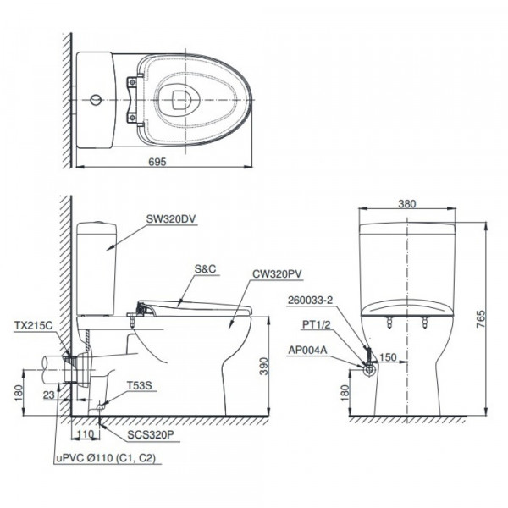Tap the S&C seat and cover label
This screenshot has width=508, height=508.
[x=206, y=268]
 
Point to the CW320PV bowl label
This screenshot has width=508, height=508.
[x=275, y=274]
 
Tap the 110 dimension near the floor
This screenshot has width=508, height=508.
[x=83, y=433]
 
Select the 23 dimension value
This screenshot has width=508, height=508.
[x=48, y=394]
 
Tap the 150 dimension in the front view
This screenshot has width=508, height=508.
[x=387, y=357]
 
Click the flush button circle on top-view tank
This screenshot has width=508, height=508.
[x=97, y=100]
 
